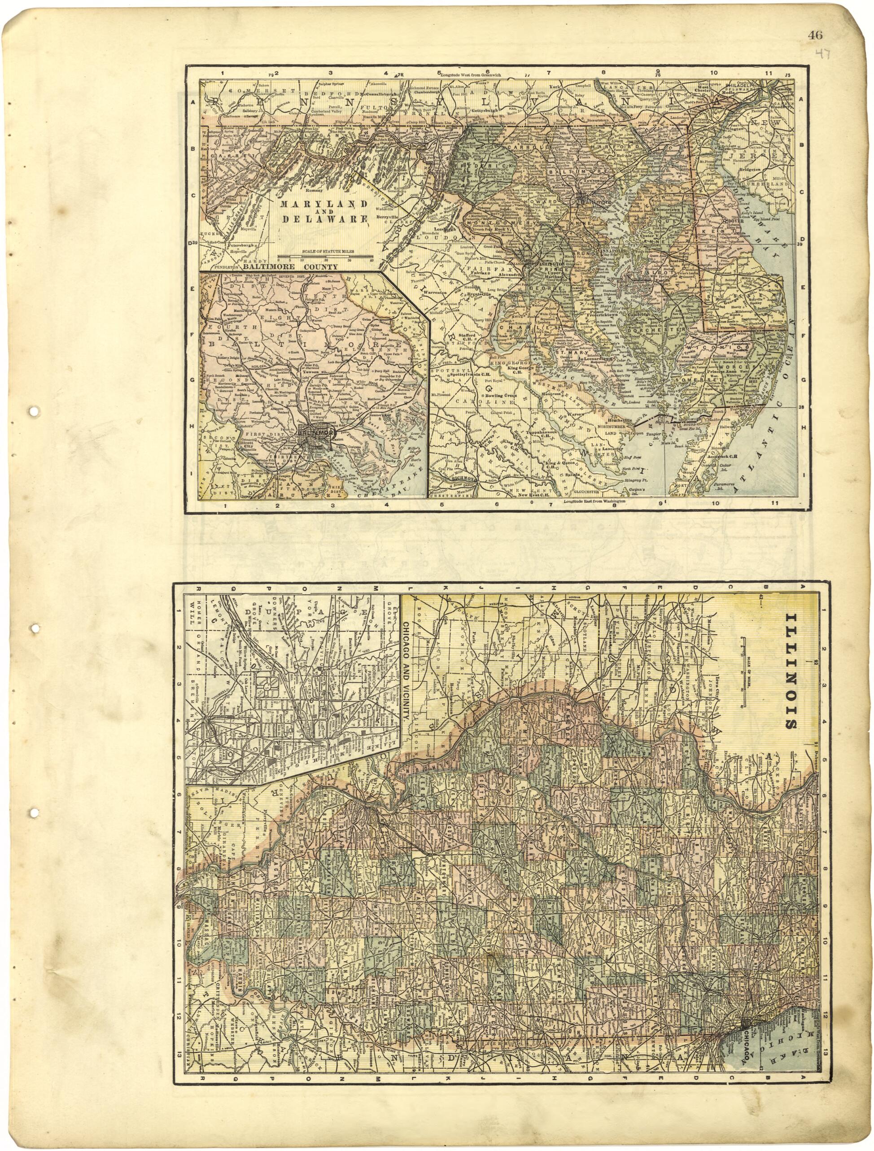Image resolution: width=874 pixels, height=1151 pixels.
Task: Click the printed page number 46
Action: click(815, 35)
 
